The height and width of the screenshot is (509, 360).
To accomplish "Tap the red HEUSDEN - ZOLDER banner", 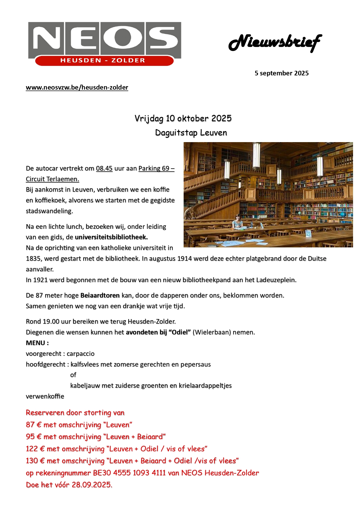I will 103,61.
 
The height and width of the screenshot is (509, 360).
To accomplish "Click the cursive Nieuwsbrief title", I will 275,43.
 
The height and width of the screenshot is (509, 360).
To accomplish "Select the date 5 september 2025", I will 281,73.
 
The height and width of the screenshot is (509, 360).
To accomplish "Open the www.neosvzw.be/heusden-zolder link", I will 77,88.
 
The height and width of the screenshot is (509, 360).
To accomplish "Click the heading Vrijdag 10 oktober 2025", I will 183,118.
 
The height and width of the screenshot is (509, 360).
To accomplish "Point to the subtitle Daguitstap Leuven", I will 191,133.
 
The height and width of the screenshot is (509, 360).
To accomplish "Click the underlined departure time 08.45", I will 104,169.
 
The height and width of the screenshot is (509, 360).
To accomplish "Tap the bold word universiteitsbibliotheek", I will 111,237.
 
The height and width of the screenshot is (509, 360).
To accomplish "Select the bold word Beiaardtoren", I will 100,296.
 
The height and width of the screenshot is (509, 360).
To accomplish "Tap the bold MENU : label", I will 37,343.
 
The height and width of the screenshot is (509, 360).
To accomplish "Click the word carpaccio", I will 80,354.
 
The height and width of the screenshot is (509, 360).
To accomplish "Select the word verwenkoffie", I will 45,396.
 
